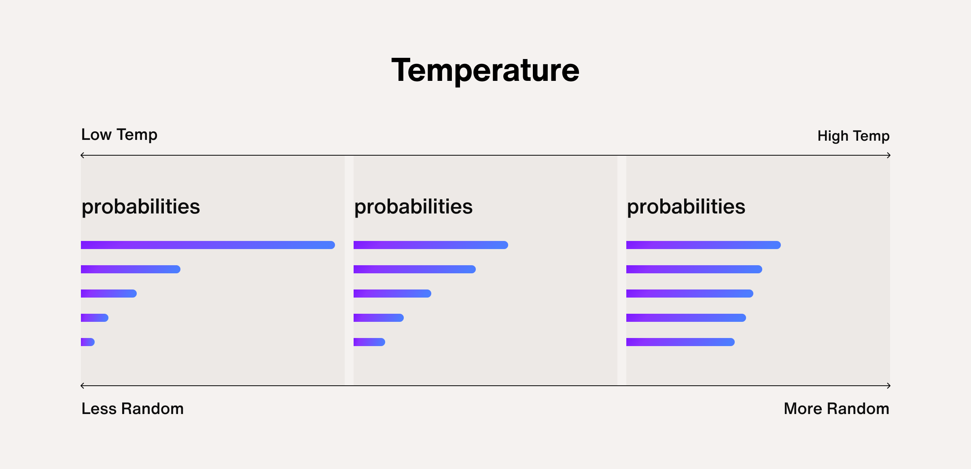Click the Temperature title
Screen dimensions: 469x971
click(485, 71)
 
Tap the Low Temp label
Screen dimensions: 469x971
click(119, 135)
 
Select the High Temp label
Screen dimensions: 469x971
click(853, 136)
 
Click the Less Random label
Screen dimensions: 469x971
click(132, 409)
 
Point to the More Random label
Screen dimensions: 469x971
click(836, 409)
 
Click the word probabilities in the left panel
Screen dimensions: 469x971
click(140, 207)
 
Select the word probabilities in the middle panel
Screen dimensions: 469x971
click(413, 207)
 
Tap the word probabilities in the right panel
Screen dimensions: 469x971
click(686, 207)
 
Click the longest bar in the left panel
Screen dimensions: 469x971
click(208, 245)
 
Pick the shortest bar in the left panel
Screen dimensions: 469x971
click(88, 342)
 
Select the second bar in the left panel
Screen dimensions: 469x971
click(130, 269)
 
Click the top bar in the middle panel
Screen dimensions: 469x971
click(430, 245)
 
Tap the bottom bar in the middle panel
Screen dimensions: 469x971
click(369, 342)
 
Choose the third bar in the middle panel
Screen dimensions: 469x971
click(392, 294)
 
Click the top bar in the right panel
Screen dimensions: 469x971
click(703, 245)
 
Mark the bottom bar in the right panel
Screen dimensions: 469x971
click(680, 342)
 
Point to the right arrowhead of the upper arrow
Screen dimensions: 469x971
click(888, 155)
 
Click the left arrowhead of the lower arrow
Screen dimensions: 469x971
click(83, 386)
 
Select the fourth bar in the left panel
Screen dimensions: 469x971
click(94, 318)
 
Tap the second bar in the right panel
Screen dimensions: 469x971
click(694, 269)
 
